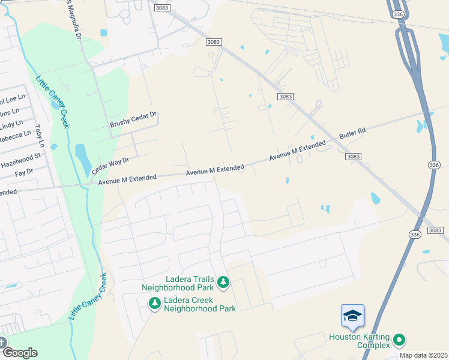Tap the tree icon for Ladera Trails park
[x=223, y=281]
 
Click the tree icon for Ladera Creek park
[x=155, y=304]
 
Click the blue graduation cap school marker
[x=352, y=316]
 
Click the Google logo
[x=19, y=353]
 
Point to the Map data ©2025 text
[x=424, y=355]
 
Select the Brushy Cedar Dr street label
[x=133, y=119]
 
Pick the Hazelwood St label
[x=20, y=160]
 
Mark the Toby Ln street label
[x=40, y=136]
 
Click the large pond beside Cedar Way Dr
[x=83, y=158]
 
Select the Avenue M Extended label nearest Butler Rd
[x=297, y=151]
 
